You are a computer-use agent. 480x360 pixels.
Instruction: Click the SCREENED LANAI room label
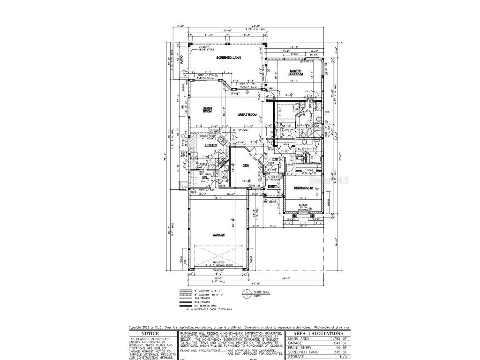228,57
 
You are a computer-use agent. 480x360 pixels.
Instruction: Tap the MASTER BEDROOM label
295,73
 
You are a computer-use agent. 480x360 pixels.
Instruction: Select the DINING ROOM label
207,110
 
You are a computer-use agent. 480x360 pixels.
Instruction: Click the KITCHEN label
210,145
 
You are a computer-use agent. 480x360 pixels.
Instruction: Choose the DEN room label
245,165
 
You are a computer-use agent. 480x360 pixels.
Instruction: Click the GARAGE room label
218,234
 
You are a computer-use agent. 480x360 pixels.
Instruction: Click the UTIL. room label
205,178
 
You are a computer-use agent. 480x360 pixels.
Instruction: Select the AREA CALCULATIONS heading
318,333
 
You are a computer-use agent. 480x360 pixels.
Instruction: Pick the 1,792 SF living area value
341,338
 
